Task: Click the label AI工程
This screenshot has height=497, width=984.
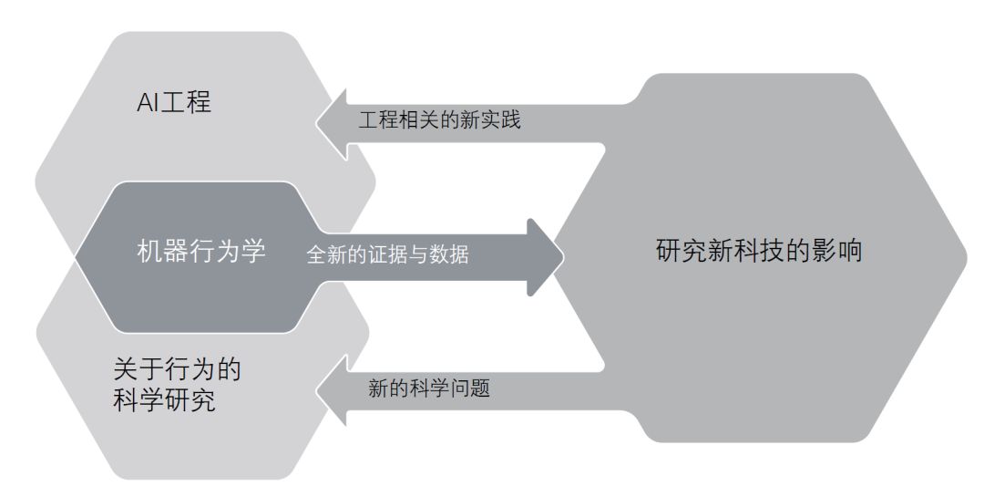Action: click(x=173, y=101)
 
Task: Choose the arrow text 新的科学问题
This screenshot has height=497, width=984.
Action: click(x=429, y=388)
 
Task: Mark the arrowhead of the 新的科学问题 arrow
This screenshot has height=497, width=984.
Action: click(x=332, y=390)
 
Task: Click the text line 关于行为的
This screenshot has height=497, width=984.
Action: click(x=177, y=370)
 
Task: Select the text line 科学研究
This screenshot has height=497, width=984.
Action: click(x=164, y=401)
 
